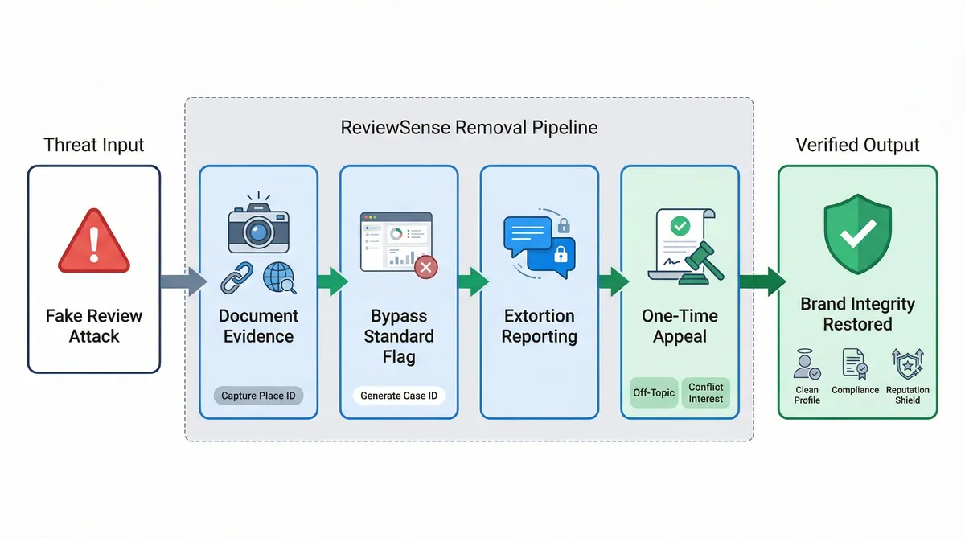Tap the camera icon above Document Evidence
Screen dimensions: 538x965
(258, 226)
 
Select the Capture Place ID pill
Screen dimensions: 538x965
(258, 396)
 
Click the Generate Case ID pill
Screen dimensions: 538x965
(398, 396)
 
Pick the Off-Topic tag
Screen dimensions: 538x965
(653, 393)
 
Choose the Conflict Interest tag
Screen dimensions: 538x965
(705, 393)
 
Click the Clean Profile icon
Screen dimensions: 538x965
(807, 365)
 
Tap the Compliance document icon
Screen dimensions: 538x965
(855, 364)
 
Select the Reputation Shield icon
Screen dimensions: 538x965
(907, 364)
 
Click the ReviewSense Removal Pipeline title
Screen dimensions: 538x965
(469, 128)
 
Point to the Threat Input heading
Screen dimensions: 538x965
(94, 146)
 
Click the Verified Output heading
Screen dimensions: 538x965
(857, 146)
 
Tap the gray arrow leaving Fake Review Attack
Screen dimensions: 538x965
(181, 281)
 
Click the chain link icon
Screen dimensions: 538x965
(236, 277)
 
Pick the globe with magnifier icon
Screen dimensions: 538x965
(279, 278)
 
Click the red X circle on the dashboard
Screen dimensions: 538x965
(426, 267)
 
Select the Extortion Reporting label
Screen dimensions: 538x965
(539, 325)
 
